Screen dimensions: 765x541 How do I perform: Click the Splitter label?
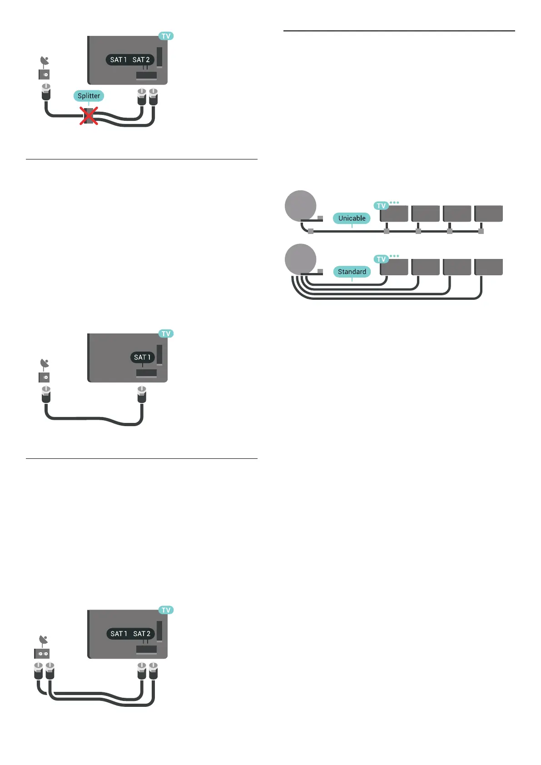click(x=89, y=96)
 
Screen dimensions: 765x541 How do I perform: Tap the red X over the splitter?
click(x=89, y=116)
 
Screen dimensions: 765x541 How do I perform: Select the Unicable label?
click(x=352, y=218)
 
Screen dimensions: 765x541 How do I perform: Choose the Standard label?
click(x=352, y=272)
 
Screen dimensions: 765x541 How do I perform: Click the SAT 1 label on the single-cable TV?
click(x=142, y=358)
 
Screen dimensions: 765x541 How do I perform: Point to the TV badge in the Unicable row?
click(x=381, y=206)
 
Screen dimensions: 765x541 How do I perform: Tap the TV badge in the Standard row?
click(x=381, y=259)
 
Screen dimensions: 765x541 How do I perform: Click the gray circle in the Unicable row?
click(x=300, y=206)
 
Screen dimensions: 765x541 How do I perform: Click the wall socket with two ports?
click(x=42, y=654)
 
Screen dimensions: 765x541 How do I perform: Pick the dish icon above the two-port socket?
click(x=43, y=641)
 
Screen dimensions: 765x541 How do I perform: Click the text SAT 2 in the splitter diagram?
click(x=141, y=60)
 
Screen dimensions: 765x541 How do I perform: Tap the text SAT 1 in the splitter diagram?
click(x=118, y=60)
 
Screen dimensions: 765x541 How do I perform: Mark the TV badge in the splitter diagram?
click(x=166, y=36)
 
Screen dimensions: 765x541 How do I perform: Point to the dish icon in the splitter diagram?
click(x=45, y=61)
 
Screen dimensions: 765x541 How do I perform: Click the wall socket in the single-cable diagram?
click(x=44, y=377)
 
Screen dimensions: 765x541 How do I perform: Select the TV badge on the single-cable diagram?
click(x=166, y=334)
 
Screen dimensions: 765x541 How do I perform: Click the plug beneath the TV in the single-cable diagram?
click(x=142, y=394)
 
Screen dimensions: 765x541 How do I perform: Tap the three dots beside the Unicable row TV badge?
click(x=394, y=203)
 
